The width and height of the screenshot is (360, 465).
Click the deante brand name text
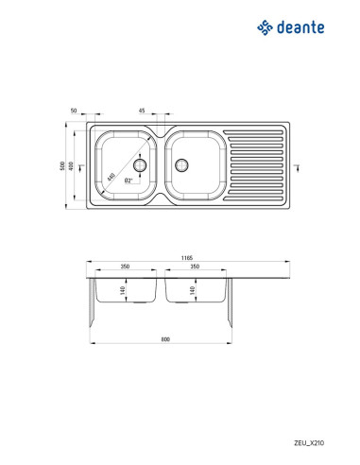[300, 27]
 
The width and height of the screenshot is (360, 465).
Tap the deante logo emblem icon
[265, 27]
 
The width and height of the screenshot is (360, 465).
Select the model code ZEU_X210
[309, 443]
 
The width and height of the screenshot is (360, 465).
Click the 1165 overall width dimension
[187, 258]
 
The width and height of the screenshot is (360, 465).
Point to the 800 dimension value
[165, 339]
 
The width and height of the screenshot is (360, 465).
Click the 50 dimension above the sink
[74, 111]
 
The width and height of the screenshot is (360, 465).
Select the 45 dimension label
[142, 111]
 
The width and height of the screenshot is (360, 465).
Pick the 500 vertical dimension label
[62, 166]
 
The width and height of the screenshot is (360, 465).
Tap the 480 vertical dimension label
[71, 166]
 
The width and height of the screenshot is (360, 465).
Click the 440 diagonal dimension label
[111, 177]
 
